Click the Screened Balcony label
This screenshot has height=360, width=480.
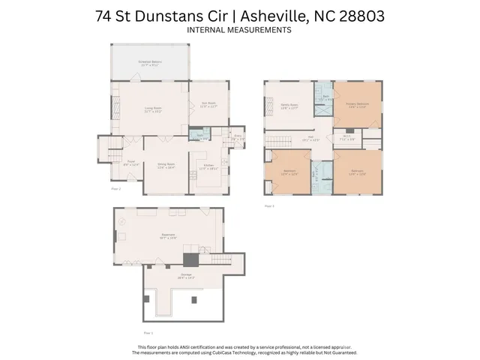pos(150,63)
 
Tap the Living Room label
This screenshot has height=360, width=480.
pos(153,109)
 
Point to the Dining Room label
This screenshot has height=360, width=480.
pos(166,165)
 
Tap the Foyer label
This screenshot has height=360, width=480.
pos(130,163)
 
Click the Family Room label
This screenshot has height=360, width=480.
pos(290,107)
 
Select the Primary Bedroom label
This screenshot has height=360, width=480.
pos(357,105)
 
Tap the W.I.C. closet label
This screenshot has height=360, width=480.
pos(346,137)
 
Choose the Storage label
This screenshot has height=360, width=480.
pos(185,276)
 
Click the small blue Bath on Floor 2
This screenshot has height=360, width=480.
pos(199,136)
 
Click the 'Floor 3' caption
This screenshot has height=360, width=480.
pos(268,205)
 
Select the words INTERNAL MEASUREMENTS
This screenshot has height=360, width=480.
pos(239,31)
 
